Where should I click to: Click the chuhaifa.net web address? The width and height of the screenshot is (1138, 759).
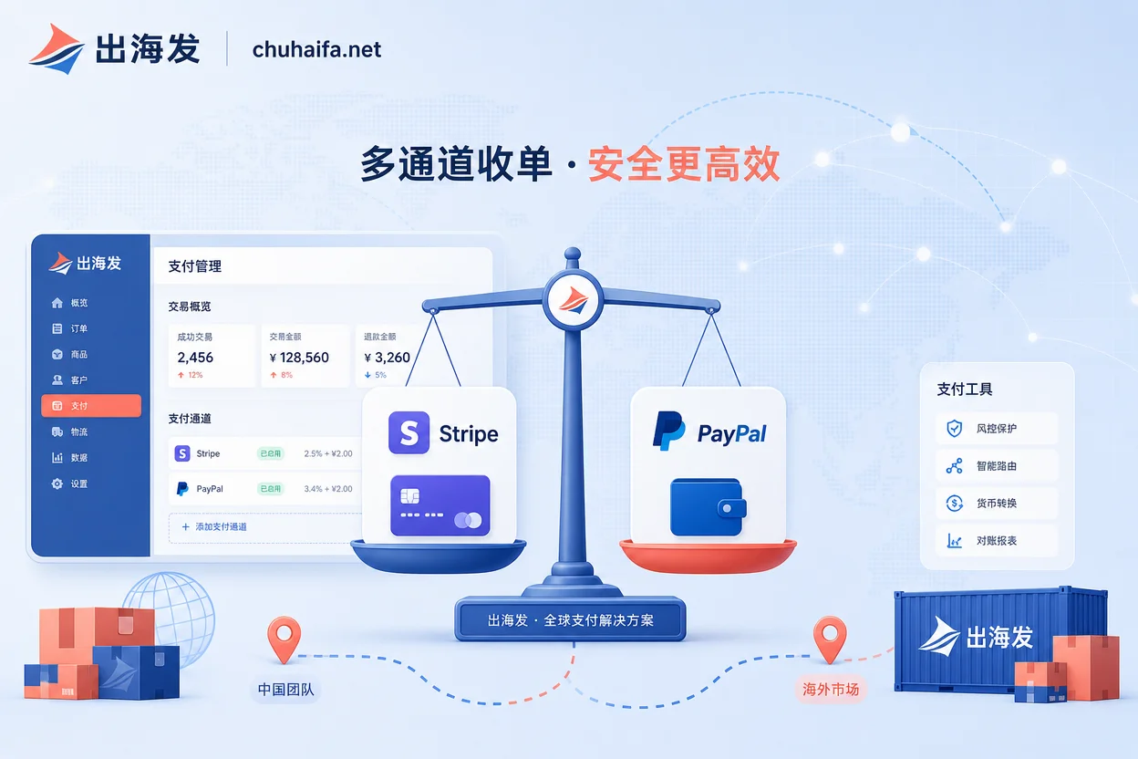(316, 50)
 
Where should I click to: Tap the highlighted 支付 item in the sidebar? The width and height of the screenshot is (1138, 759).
(91, 406)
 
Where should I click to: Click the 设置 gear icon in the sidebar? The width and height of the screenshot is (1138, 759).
(57, 483)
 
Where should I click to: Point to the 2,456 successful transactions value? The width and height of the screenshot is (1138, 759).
(195, 358)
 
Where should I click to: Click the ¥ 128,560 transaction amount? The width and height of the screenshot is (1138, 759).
(299, 358)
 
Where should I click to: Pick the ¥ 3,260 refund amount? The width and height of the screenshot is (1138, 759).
(388, 358)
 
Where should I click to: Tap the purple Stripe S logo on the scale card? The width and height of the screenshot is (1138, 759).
(409, 432)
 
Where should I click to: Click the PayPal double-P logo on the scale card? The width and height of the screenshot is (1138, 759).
(668, 431)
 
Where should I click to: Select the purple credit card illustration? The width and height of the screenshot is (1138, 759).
(440, 505)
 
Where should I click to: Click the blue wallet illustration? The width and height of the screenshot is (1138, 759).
(708, 507)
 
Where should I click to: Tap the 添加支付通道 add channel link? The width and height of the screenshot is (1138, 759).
(214, 526)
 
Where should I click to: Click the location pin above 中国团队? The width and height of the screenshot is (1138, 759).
(284, 639)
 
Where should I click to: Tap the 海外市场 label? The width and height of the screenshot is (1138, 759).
(831, 690)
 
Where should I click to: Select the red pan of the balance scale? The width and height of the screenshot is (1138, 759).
(708, 556)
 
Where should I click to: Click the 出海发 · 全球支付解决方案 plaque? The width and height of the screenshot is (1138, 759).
(570, 619)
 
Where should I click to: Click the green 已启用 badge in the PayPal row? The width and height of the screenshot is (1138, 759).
(270, 489)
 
